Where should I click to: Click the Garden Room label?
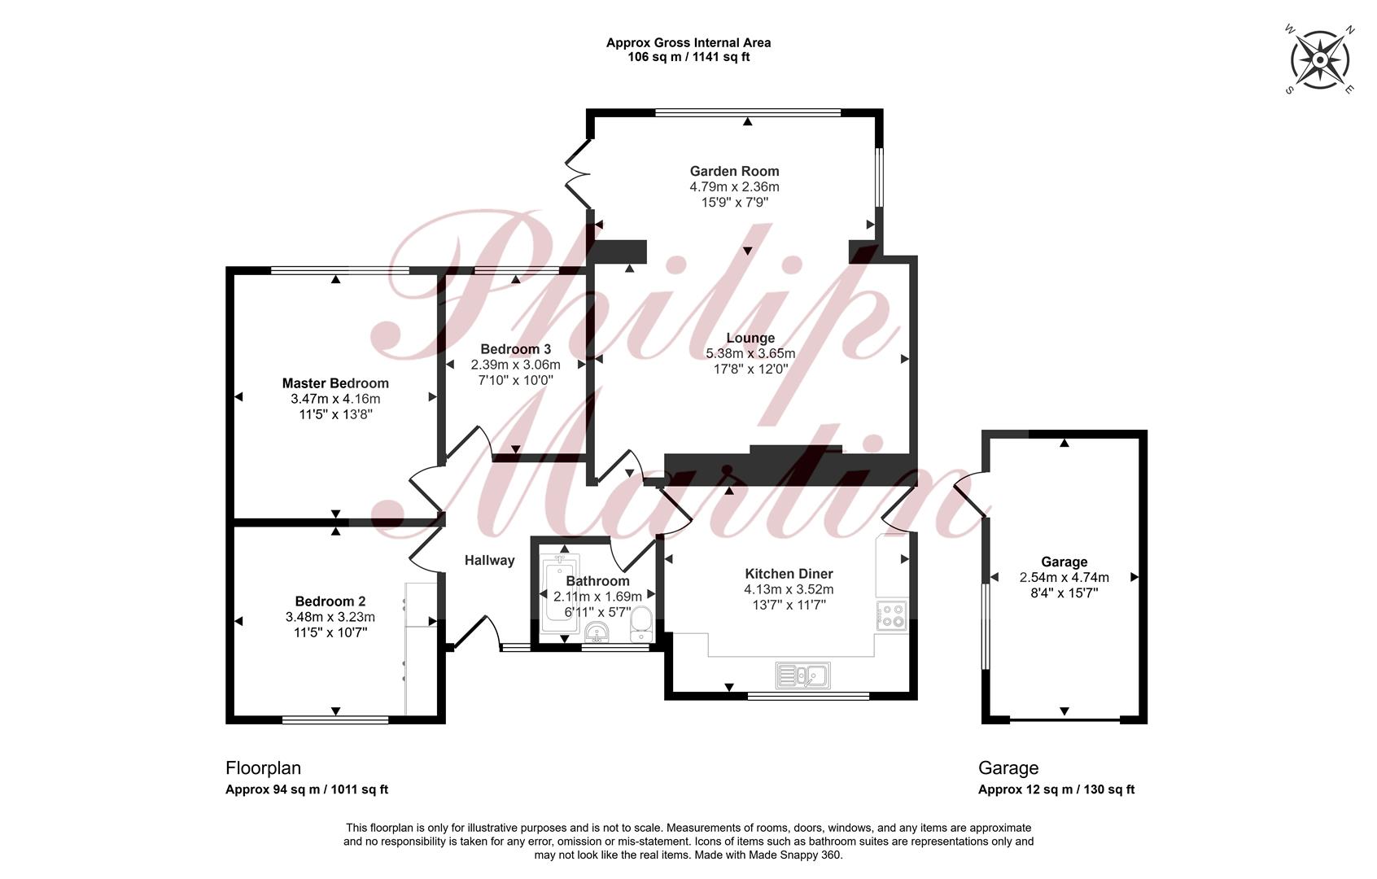point(734,172)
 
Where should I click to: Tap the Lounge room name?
point(750,338)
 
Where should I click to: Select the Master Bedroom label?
point(335,383)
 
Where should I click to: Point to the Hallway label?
point(489,561)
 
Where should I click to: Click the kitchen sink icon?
point(802,676)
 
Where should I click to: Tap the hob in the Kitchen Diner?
point(891,615)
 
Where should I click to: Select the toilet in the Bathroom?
point(640,625)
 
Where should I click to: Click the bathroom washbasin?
point(597,632)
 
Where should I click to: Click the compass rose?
point(1320,59)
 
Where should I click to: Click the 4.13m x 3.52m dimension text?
point(789,589)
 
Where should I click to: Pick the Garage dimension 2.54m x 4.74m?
point(1064,578)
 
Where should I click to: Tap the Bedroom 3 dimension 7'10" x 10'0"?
point(516,380)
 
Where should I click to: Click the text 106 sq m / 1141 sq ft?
point(688,57)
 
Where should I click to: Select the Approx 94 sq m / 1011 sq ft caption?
point(307,789)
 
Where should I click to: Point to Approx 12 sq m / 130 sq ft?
point(1056,789)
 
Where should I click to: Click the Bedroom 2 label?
point(330,601)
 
